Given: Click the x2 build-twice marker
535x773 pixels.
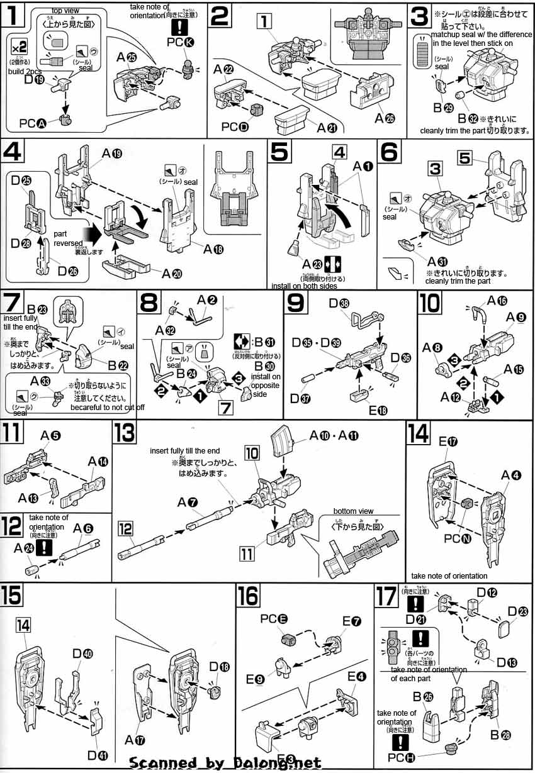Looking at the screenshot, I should click(x=20, y=47).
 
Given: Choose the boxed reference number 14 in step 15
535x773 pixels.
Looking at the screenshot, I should click(x=23, y=625).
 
